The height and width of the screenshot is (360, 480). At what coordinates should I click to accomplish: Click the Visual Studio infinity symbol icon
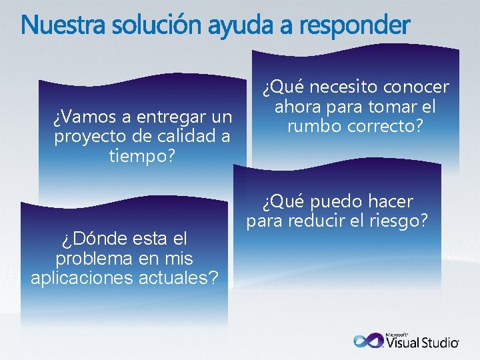click(369, 341)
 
